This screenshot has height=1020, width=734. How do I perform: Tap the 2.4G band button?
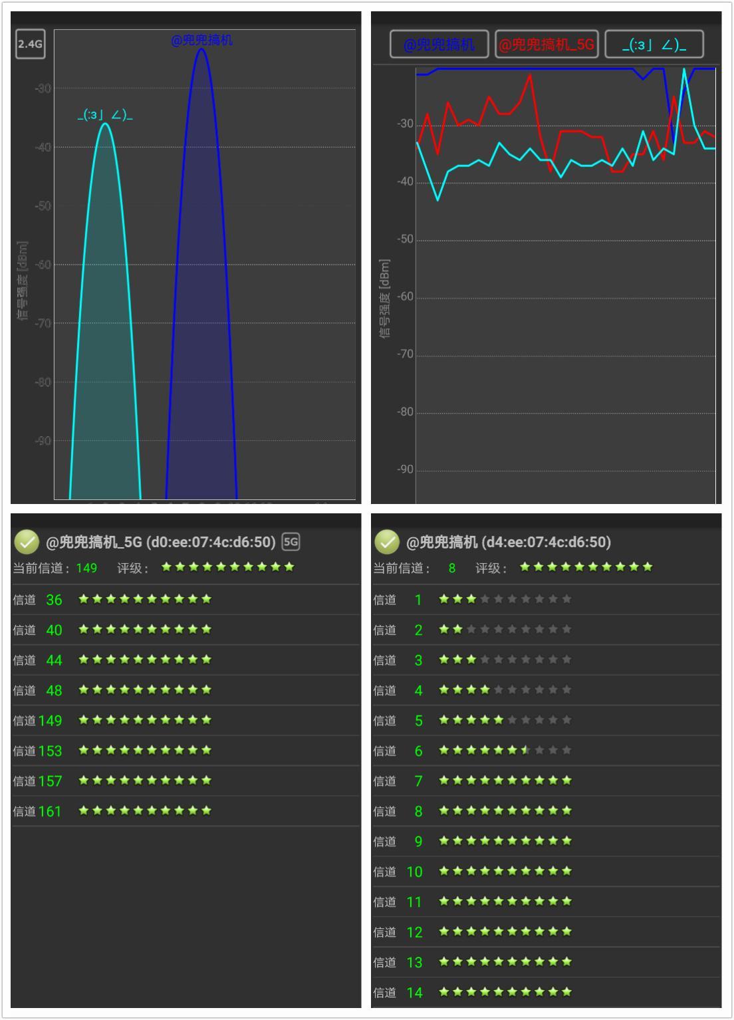(30, 45)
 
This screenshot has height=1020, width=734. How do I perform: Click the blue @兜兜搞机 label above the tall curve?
(201, 40)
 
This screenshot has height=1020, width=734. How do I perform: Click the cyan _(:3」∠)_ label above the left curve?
(105, 116)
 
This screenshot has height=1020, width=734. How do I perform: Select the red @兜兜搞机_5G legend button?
(547, 45)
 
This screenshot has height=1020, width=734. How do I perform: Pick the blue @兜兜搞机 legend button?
(439, 45)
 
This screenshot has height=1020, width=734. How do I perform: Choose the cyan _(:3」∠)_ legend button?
(654, 45)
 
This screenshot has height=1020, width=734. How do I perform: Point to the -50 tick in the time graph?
(405, 239)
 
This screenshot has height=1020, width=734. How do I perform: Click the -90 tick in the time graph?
(405, 469)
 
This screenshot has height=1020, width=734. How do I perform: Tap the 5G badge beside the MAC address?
(291, 542)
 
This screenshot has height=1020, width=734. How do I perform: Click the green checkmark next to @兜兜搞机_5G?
(27, 542)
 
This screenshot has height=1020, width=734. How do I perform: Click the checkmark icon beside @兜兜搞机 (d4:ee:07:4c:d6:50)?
(387, 542)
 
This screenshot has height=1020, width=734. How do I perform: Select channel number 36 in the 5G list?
(54, 600)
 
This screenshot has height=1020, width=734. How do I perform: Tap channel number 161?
(50, 811)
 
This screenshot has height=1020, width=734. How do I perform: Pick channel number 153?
(50, 751)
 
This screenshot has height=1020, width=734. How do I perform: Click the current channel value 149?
(86, 568)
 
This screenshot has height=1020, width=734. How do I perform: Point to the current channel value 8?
(452, 568)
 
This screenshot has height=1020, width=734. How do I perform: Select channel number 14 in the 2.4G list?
(414, 993)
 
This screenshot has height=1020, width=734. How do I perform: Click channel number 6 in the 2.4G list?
(418, 751)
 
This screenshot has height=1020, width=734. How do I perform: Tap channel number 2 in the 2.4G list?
(418, 630)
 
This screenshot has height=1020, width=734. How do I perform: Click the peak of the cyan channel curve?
(105, 124)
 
